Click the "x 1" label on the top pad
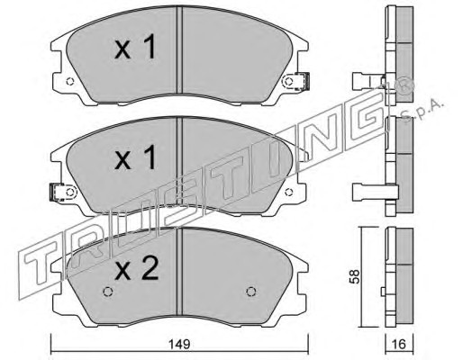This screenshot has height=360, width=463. [135, 47]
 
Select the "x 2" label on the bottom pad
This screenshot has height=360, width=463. [136, 268]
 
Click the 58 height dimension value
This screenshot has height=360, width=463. [354, 276]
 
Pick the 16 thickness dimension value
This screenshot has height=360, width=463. [399, 344]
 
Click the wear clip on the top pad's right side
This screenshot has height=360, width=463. [302, 81]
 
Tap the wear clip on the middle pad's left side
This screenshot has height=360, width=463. [57, 192]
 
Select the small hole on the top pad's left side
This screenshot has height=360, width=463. [69, 81]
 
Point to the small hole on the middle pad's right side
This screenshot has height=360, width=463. [288, 192]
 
